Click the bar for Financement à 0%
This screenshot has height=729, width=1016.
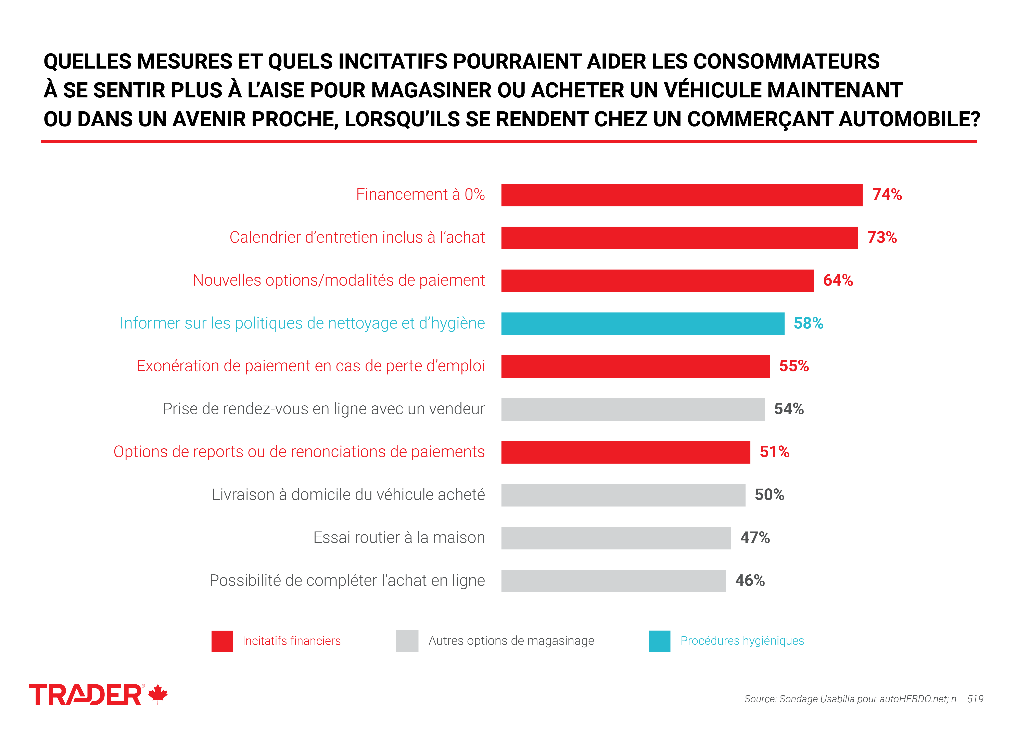coord(681,195)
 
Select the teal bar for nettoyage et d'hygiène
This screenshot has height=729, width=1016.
coord(642,324)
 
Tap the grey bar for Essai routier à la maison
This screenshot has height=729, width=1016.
coord(615,538)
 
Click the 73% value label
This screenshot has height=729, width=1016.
coord(882,238)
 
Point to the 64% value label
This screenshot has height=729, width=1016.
coord(838,281)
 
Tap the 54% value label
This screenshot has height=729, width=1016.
coord(788,409)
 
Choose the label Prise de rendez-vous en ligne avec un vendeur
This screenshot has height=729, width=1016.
coord(323,409)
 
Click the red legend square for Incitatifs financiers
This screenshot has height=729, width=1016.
coord(222,641)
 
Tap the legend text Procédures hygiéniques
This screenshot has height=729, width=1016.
coord(742,641)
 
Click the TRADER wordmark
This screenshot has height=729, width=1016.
coord(85,695)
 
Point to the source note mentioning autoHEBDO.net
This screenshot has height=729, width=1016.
coord(863,699)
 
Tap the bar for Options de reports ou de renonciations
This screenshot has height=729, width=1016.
coord(625,452)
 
